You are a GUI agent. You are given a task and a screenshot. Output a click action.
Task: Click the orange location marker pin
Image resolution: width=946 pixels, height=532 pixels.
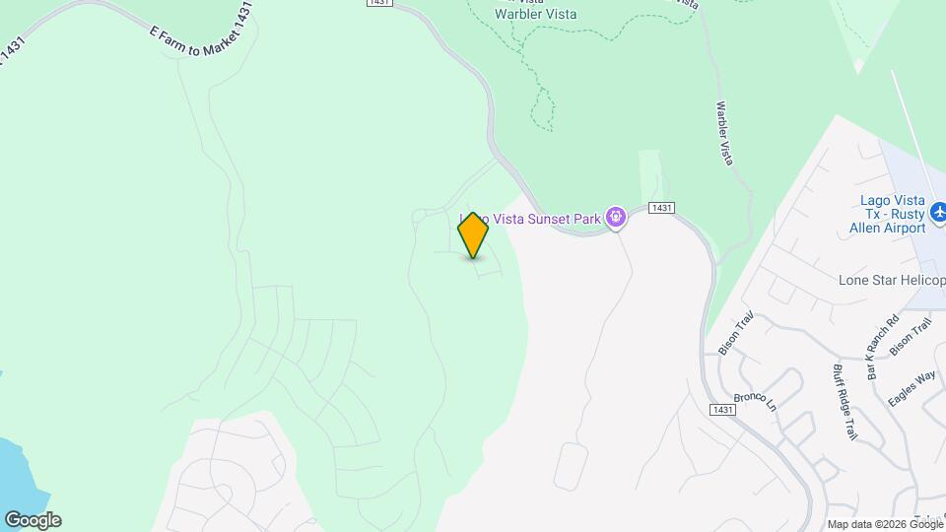473,234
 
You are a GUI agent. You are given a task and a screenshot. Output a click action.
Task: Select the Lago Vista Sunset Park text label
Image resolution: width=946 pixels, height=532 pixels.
532,218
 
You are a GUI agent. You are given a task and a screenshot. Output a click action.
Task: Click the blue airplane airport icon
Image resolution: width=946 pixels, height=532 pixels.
937,211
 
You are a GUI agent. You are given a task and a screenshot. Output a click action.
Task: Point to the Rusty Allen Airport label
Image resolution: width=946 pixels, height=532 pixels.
890,214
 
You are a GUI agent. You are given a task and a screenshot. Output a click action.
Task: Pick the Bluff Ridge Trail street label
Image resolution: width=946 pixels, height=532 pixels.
845,401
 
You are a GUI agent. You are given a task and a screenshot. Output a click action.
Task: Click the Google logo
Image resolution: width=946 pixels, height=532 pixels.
33,520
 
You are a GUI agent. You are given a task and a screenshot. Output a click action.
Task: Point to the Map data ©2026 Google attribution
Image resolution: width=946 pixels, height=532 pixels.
885,524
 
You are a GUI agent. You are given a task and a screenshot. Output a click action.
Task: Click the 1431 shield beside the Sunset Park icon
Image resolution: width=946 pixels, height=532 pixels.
662,208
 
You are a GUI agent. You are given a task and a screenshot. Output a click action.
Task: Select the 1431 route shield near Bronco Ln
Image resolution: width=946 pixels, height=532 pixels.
722,409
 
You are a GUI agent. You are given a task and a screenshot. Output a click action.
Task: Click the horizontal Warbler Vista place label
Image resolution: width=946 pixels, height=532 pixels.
535,14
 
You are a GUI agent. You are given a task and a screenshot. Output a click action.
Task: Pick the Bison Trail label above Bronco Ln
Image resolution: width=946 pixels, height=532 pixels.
735,332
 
